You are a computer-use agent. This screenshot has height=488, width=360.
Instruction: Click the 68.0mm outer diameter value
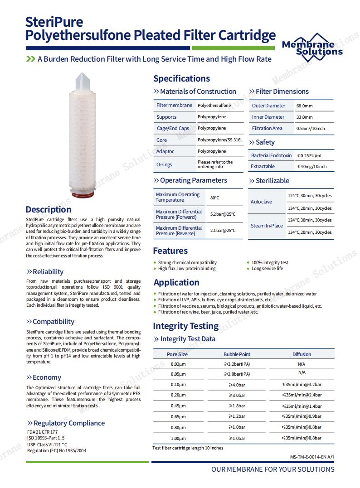click(x=304, y=106)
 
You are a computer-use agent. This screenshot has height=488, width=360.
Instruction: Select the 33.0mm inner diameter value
click(x=304, y=117)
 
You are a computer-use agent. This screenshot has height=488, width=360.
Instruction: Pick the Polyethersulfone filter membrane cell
click(x=214, y=105)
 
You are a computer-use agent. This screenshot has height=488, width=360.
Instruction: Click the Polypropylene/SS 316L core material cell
click(x=220, y=140)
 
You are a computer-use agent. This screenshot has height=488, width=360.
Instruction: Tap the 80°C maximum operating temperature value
click(x=214, y=198)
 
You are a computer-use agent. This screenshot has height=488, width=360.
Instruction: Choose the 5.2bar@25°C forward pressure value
click(x=223, y=214)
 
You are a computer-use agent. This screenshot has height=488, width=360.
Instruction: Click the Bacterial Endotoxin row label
click(x=271, y=155)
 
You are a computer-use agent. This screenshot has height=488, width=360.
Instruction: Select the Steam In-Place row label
click(x=267, y=226)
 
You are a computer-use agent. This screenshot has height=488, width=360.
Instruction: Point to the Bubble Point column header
click(x=237, y=354)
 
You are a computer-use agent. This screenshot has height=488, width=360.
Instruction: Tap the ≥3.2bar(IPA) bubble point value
click(x=237, y=364)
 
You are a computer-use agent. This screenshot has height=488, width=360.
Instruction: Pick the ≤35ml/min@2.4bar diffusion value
click(x=302, y=395)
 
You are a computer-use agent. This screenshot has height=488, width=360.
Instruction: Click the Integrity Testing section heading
click(x=185, y=326)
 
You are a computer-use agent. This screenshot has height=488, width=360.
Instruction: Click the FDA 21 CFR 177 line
click(x=42, y=432)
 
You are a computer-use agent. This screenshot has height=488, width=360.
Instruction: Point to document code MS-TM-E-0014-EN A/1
click(x=315, y=457)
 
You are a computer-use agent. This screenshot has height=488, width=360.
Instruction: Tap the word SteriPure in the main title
click(x=54, y=22)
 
